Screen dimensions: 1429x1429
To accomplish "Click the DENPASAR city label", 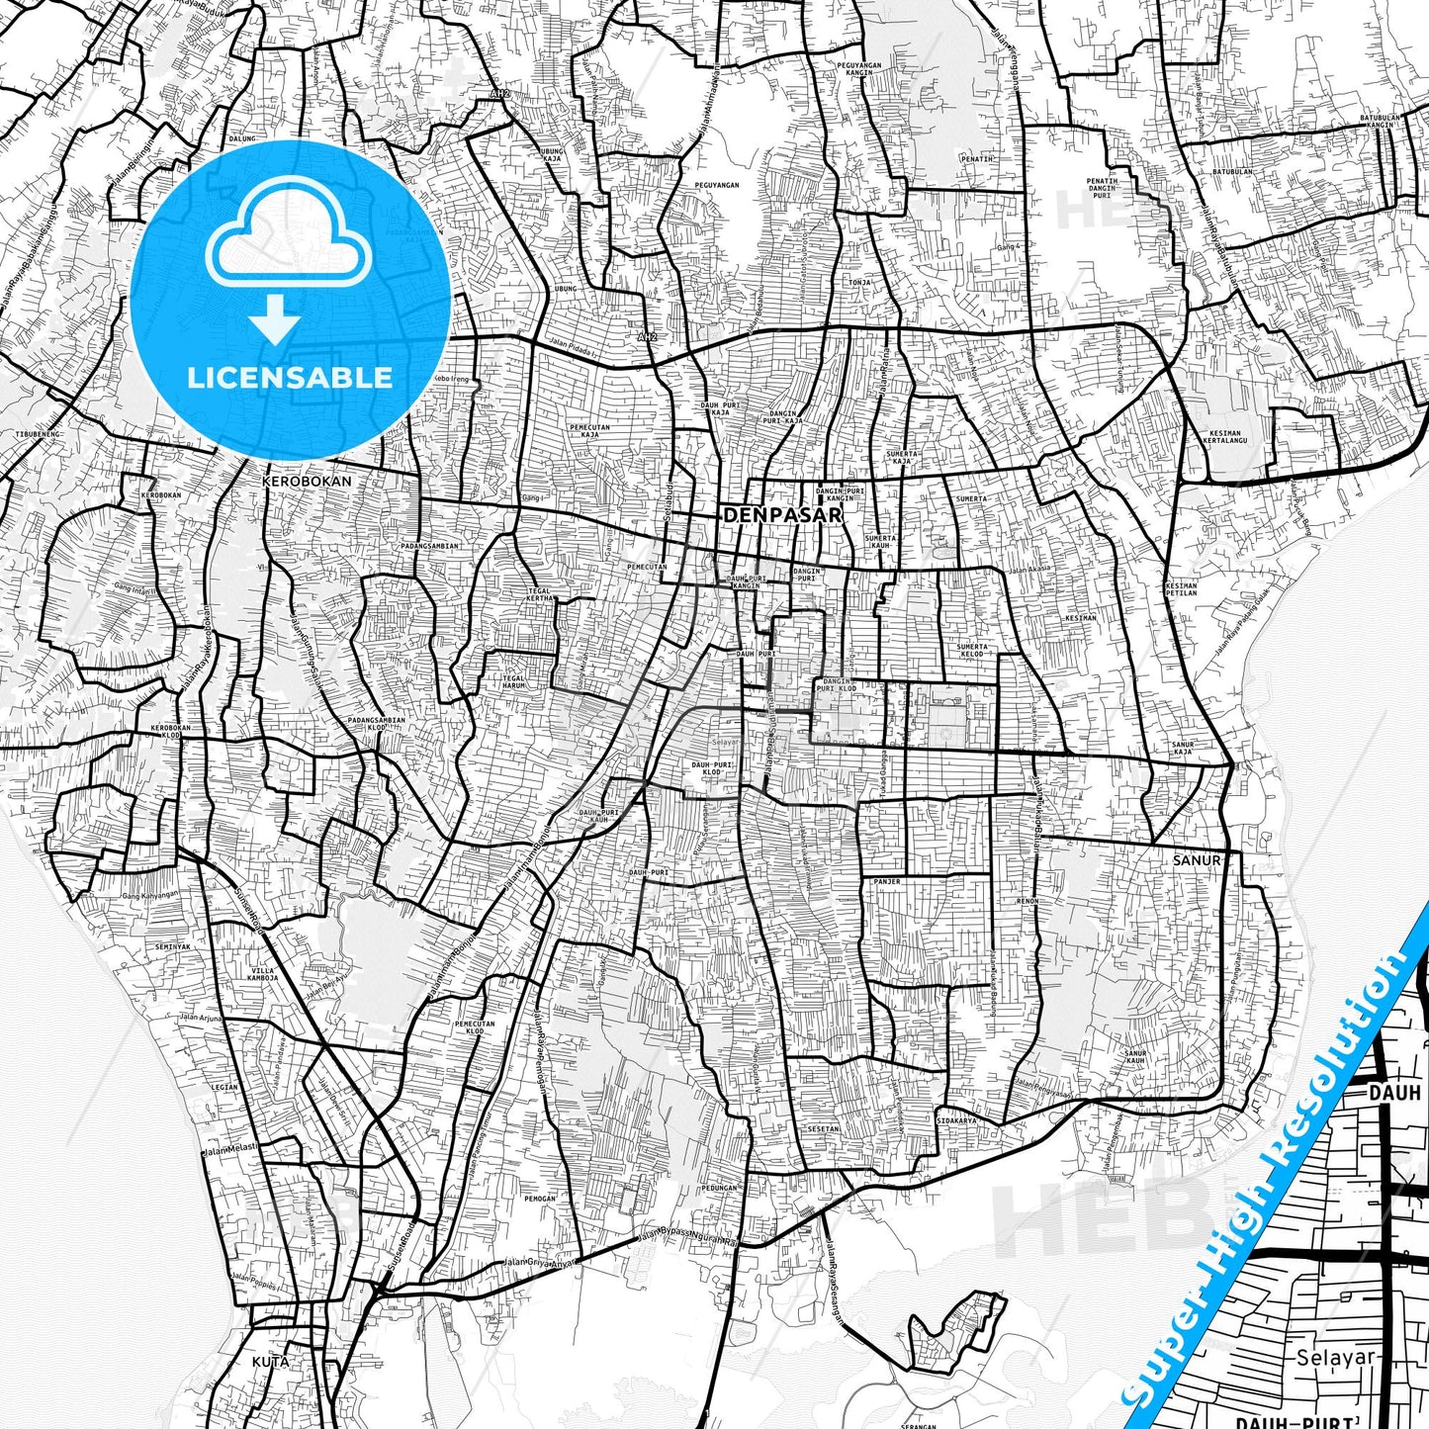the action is pos(782,515).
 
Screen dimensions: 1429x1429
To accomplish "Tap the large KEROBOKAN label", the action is pos(307,481).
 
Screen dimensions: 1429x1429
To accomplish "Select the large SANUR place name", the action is pos(1197,860).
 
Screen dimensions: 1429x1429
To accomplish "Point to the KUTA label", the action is pos(270,1362).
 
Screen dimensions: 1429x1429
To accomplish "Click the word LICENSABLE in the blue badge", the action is pos(290,377).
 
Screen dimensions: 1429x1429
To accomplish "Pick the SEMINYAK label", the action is pos(172,946).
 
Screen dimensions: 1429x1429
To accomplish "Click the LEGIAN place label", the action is pos(224,1087).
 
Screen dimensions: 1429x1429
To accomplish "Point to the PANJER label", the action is pos(886,881).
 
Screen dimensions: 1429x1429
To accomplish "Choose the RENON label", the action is pos(1028,902).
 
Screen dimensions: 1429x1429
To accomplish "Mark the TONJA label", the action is pos(859,282).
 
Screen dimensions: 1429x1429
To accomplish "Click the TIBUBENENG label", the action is pos(39,434).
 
